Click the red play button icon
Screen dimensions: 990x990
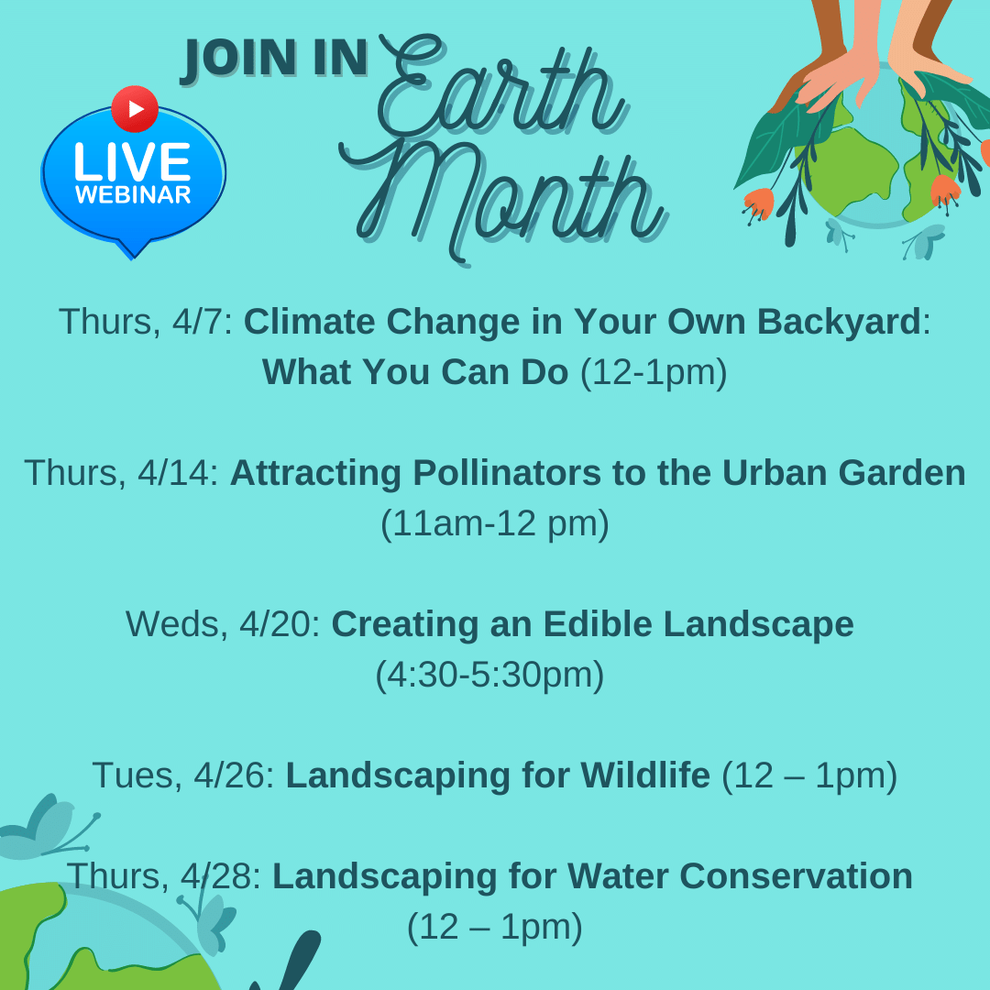[x=135, y=108]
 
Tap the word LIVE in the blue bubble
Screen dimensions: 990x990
[x=133, y=161]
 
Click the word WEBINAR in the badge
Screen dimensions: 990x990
[x=133, y=194]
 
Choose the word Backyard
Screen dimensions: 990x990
[x=839, y=323]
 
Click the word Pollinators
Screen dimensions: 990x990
[x=506, y=473]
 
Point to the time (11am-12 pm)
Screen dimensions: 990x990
[x=495, y=524]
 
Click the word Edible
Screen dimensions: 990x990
[x=598, y=624]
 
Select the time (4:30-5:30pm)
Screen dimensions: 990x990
[x=489, y=676]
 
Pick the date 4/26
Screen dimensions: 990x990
[x=229, y=775]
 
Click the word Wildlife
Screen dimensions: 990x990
[x=645, y=775]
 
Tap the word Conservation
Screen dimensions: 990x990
[x=797, y=876]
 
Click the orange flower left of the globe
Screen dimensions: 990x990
[x=758, y=203]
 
